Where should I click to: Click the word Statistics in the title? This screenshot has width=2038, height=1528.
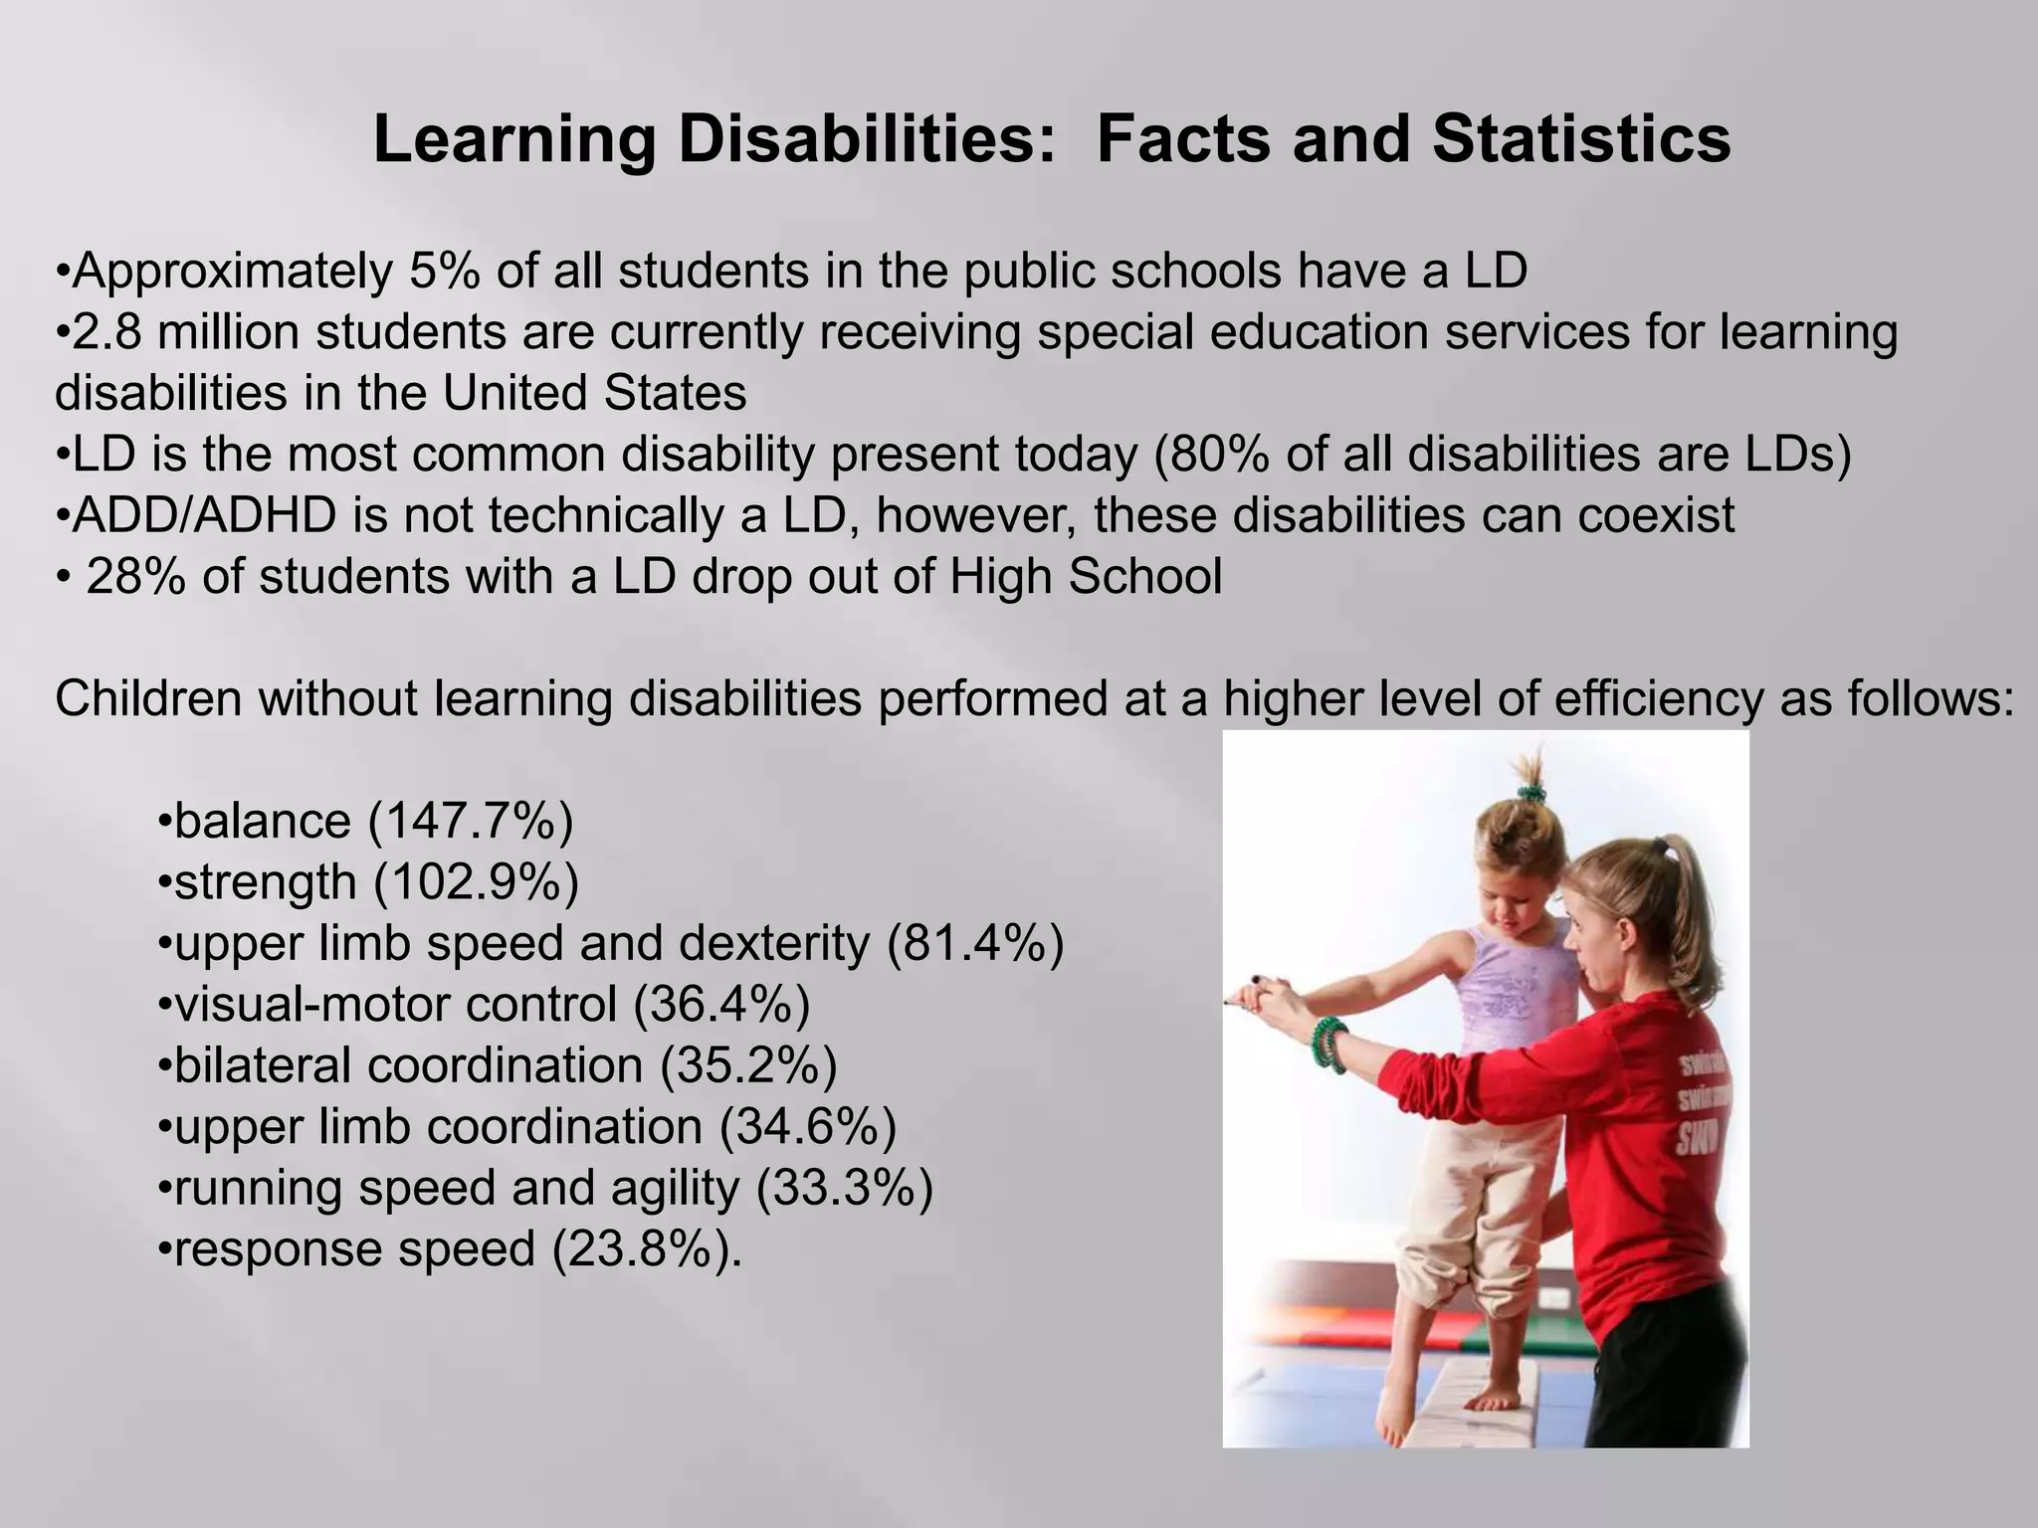[1581, 139]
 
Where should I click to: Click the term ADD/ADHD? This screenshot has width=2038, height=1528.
[204, 515]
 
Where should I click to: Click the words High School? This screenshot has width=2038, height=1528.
[1086, 577]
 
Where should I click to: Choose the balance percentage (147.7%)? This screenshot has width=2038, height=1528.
[471, 822]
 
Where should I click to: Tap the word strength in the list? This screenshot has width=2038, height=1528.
[265, 883]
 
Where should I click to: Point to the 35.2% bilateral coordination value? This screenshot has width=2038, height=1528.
[748, 1066]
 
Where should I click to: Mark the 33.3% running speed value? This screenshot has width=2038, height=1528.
[845, 1189]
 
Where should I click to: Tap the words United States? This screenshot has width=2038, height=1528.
[594, 393]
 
